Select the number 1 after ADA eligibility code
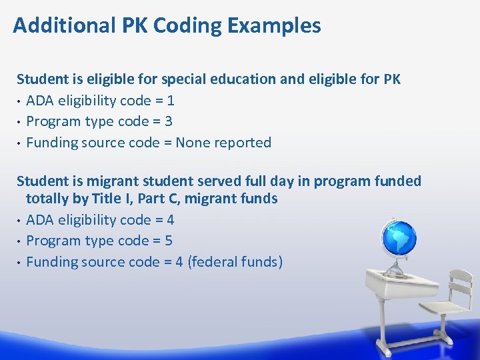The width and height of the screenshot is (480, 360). tap(171, 101)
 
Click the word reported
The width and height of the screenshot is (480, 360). tap(243, 142)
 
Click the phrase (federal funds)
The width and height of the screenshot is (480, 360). tap(235, 261)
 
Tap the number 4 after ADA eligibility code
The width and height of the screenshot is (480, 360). tap(171, 220)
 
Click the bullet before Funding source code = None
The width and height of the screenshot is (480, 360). tap(19, 143)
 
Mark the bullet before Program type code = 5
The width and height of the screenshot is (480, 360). tap(19, 241)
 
